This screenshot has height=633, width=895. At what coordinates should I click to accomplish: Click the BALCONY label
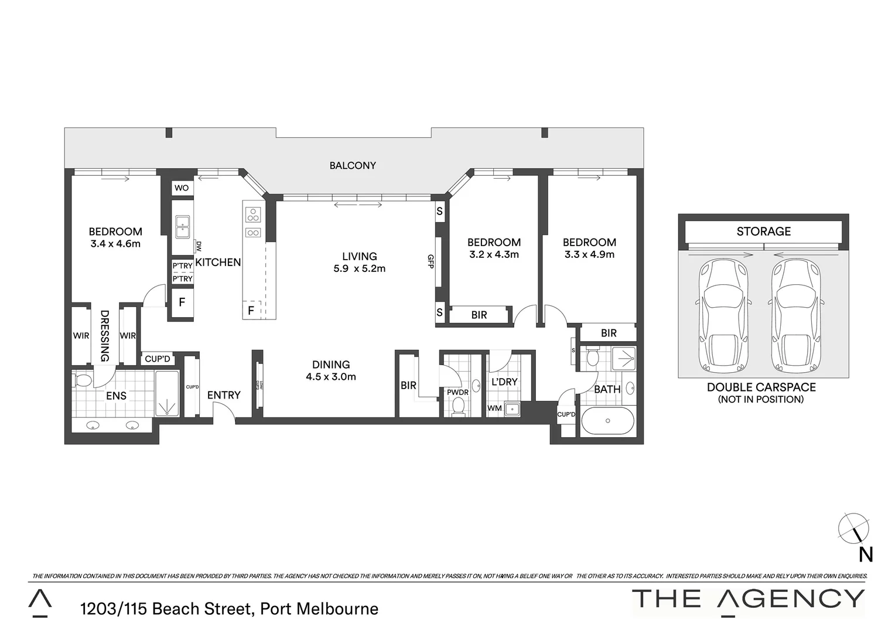pos(352,166)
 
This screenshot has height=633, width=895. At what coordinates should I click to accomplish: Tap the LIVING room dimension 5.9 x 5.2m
pos(360,269)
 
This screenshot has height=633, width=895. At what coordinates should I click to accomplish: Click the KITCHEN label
pos(218,263)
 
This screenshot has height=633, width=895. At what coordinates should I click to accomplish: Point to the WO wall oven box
pos(182,188)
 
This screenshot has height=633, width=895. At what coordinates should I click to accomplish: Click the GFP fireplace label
pos(431,261)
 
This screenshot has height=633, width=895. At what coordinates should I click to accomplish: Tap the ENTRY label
pos(224,396)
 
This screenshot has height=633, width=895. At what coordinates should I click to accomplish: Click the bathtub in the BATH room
pos(607,421)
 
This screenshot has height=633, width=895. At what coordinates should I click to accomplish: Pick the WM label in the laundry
pos(495,408)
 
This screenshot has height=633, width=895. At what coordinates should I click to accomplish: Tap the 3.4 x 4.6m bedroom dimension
pos(115,244)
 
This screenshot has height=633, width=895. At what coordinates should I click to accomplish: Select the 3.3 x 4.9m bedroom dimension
pos(589,254)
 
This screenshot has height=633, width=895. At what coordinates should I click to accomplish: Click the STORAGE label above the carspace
pos(763,232)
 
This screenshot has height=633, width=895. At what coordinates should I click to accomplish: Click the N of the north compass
pos(865,554)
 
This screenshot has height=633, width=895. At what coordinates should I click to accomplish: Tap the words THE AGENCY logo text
pos(748,599)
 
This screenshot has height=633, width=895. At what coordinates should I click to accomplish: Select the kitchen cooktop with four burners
pos(253,215)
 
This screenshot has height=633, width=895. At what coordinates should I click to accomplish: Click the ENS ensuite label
pos(116,396)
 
